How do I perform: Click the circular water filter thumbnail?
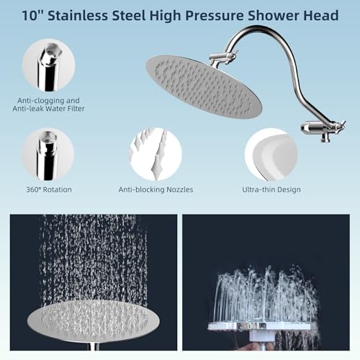[48, 65]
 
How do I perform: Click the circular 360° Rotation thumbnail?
[48, 154]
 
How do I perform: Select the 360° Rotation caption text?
[48, 189]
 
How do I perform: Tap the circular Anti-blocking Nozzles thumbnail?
[156, 154]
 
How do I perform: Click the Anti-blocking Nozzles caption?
[156, 189]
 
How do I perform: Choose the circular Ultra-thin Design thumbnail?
[271, 154]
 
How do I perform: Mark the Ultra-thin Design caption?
[271, 189]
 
